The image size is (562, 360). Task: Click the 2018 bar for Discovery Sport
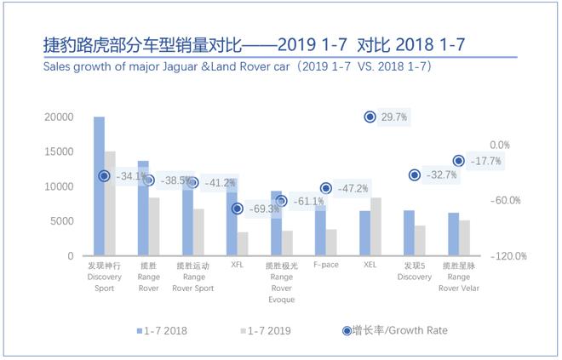[99, 186]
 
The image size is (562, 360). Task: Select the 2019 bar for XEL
[376, 226]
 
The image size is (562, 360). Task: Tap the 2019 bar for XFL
[243, 243]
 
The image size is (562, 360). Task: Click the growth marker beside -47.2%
[325, 188]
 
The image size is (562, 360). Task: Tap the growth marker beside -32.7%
[415, 174]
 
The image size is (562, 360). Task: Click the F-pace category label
[326, 266]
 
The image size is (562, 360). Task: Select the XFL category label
[237, 266]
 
